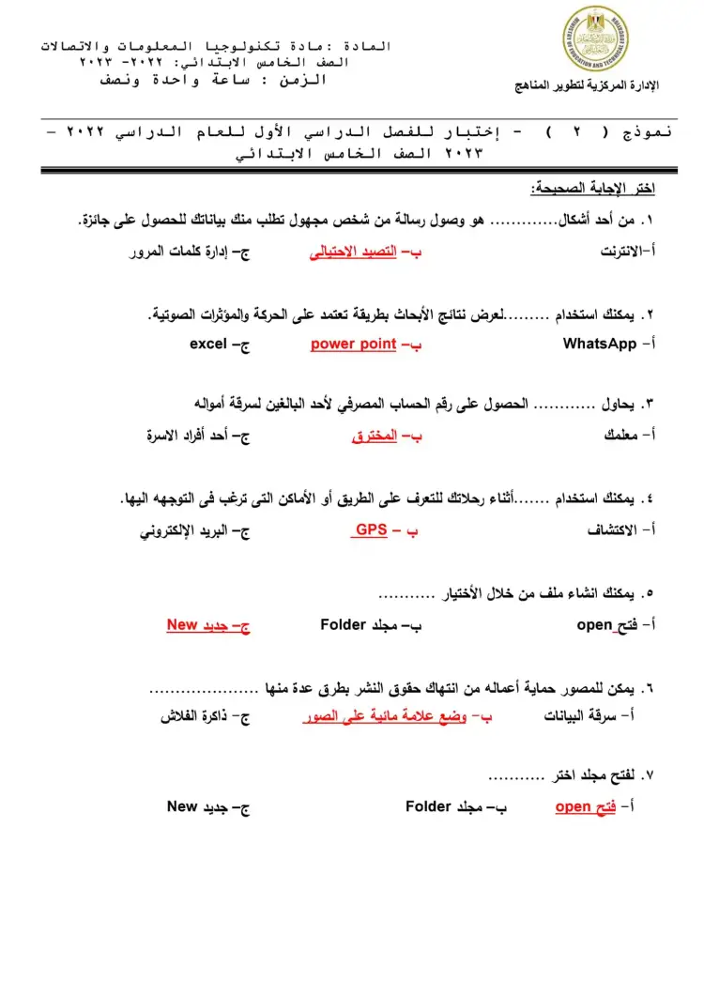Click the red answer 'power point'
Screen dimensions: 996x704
pos(354,345)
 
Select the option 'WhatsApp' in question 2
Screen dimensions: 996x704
pos(600,345)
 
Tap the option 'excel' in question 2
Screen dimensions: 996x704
pos(208,345)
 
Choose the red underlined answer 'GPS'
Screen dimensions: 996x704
pos(371,530)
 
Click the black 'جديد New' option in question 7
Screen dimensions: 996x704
pos(198,806)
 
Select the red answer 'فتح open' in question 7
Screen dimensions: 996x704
pos(586,806)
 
